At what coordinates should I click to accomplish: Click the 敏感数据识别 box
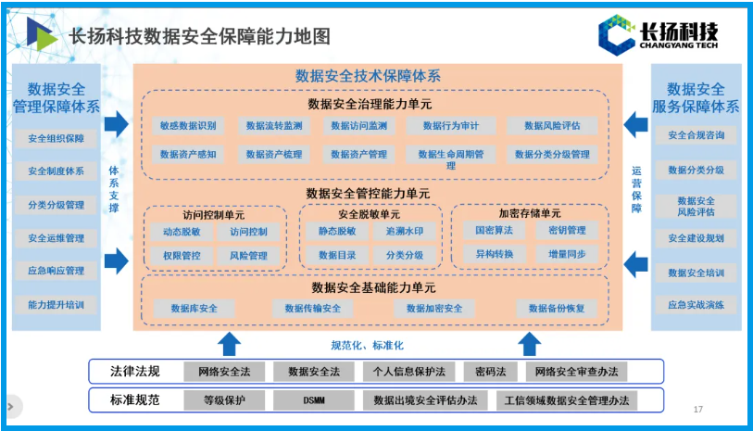click(x=187, y=125)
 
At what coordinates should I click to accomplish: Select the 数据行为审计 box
click(x=451, y=125)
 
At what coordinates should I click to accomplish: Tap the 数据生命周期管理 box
click(x=451, y=158)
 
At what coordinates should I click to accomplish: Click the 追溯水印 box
click(x=405, y=231)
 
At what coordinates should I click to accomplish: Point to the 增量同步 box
click(x=565, y=253)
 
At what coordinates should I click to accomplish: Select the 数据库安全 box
click(x=195, y=308)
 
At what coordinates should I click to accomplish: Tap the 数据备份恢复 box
click(x=557, y=308)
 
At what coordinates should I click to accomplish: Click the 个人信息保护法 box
click(x=408, y=372)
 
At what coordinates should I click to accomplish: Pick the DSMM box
click(x=313, y=400)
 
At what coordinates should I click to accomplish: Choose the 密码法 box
click(x=490, y=372)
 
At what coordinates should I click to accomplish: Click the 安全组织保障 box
click(x=56, y=138)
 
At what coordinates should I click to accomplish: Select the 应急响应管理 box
click(x=56, y=271)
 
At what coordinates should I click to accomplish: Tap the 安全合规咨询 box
click(x=696, y=135)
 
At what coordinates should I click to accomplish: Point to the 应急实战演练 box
click(x=696, y=304)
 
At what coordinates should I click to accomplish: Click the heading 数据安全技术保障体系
click(x=368, y=75)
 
